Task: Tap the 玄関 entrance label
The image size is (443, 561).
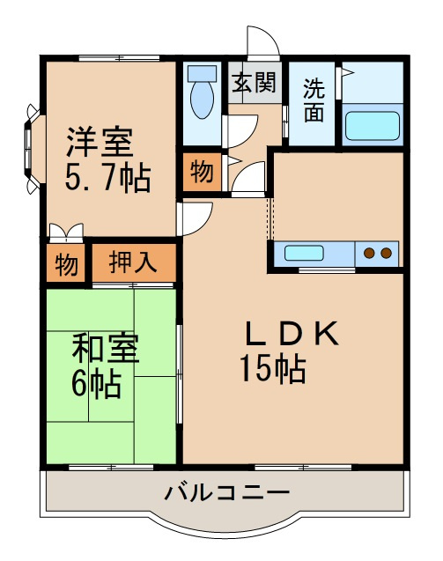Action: [255, 84]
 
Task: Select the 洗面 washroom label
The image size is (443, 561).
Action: [314, 100]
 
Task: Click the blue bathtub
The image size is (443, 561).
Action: [373, 124]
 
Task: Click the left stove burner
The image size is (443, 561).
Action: [370, 254]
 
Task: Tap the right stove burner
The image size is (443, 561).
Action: [386, 254]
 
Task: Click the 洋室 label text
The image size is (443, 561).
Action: [100, 141]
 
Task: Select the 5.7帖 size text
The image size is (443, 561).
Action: [107, 178]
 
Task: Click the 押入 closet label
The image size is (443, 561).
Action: [135, 262]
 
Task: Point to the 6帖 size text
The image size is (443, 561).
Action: [96, 384]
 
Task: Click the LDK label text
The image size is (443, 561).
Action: [291, 333]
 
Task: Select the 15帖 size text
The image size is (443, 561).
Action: [272, 368]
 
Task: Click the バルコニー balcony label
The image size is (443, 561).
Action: [225, 491]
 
